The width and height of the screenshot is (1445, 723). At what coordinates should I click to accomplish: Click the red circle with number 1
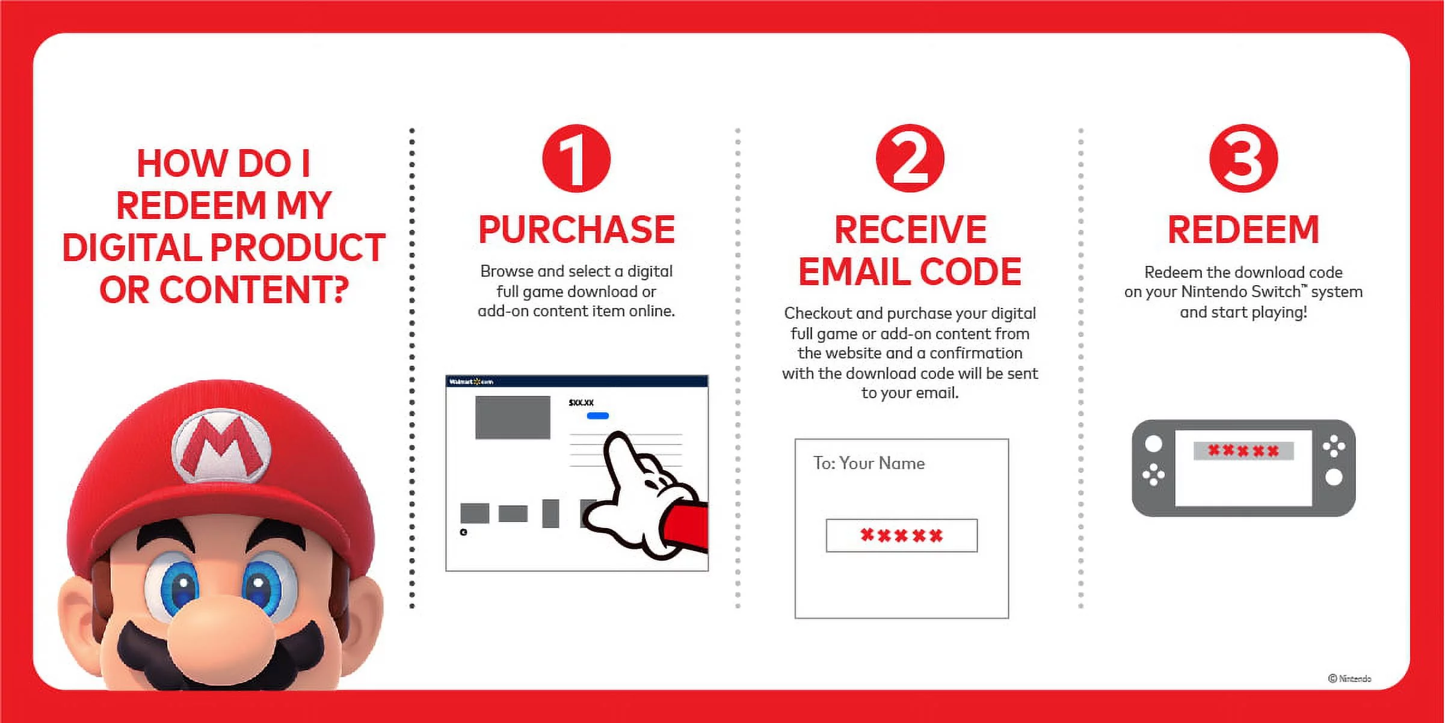576,159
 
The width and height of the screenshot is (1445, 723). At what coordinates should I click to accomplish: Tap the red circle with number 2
910,159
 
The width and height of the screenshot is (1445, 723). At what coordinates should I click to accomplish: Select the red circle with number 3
1243,159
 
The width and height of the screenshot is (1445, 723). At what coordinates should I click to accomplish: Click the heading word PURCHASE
576,230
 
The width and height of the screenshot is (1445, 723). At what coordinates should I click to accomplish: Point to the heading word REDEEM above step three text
1243,230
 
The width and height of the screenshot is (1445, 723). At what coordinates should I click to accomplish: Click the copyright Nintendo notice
1349,678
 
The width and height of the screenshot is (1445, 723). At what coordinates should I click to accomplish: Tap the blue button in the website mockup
597,416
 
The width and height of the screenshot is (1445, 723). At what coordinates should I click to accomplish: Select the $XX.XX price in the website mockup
581,402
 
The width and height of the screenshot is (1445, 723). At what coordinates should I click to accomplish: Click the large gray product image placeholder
513,417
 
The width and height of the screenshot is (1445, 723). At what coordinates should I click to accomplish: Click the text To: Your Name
869,463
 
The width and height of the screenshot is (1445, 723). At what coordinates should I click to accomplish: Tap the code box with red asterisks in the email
901,535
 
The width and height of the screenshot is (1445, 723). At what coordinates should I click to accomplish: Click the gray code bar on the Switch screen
1243,451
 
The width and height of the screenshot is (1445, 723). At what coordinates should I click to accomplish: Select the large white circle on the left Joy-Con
1153,444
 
